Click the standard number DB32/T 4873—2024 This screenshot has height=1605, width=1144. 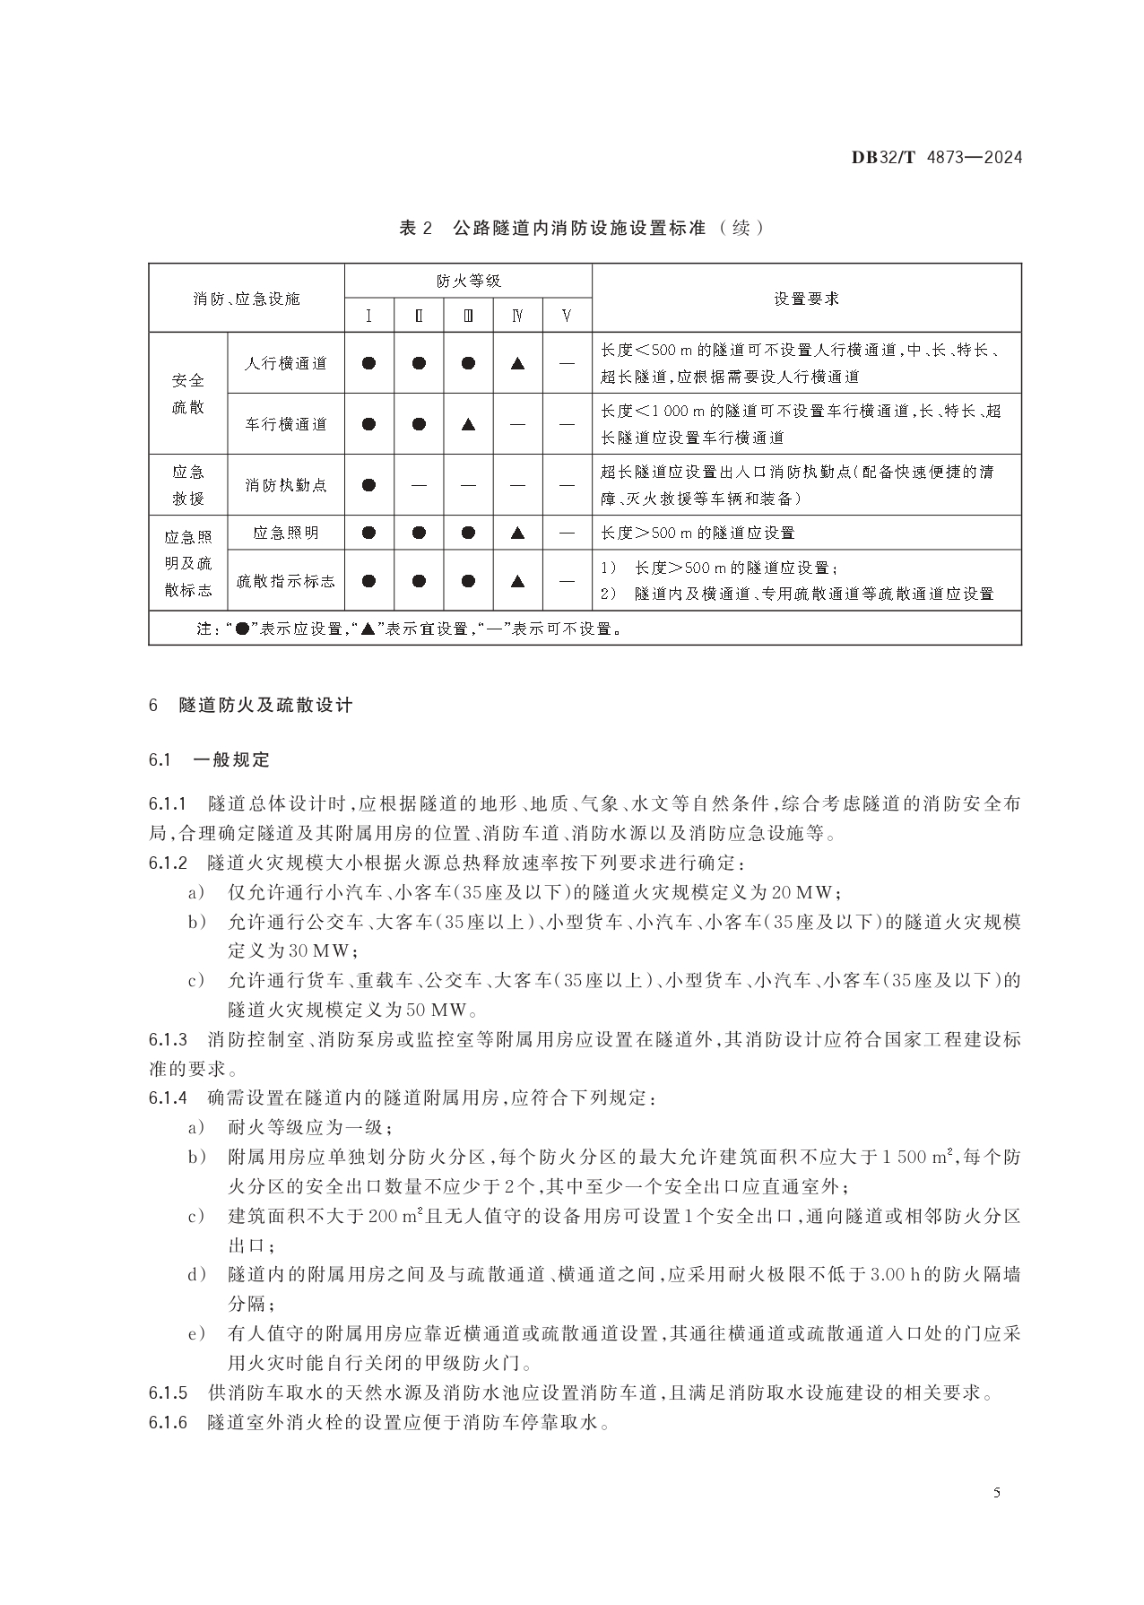tap(936, 158)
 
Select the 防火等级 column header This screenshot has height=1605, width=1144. tap(468, 281)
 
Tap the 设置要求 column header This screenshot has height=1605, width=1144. tap(806, 299)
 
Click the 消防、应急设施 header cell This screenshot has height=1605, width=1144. tap(247, 299)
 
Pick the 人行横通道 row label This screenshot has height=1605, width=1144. tap(286, 363)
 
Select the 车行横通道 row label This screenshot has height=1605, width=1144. tap(286, 424)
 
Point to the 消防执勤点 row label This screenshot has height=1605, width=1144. tap(286, 485)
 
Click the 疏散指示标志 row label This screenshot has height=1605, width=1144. tap(286, 581)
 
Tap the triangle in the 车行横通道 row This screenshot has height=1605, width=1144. tap(467, 424)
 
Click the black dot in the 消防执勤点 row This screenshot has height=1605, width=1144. tap(368, 485)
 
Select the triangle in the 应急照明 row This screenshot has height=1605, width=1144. tap(517, 533)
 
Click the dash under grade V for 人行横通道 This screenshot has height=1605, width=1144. tap(567, 363)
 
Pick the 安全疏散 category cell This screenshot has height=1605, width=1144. tap(188, 394)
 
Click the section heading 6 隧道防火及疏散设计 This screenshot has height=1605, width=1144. tap(251, 706)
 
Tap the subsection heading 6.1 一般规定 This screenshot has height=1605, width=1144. tap(209, 760)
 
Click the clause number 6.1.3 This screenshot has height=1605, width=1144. tap(168, 1040)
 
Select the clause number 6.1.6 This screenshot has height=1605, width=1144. tap(168, 1422)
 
